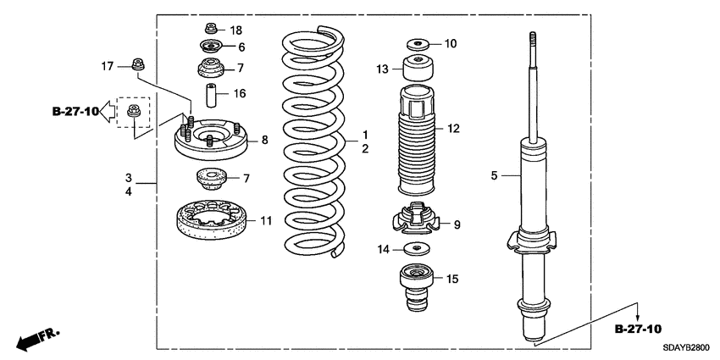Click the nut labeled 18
coord(209,30)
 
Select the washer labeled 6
coord(208,47)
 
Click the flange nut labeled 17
coord(136,64)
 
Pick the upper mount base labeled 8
coord(208,141)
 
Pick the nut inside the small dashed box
coord(132,111)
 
